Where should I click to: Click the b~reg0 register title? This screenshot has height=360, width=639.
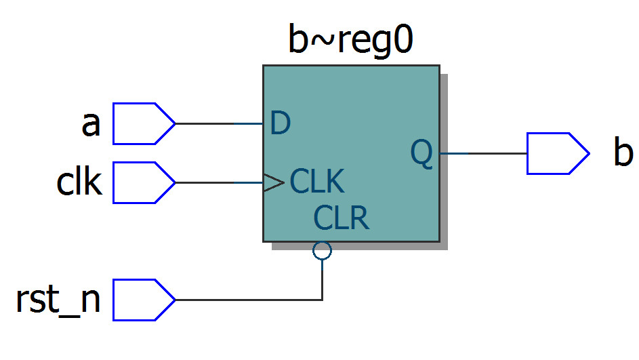[350, 42]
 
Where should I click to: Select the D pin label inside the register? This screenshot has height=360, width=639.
[280, 123]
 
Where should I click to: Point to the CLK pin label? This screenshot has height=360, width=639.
[317, 182]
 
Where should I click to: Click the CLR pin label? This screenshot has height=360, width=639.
[341, 218]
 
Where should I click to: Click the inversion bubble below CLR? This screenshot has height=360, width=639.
[323, 251]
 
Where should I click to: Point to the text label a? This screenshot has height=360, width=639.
[91, 125]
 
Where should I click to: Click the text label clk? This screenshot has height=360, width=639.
[79, 182]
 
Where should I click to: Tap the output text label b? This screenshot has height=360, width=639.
[623, 153]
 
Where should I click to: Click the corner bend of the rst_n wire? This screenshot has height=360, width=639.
[323, 300]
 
